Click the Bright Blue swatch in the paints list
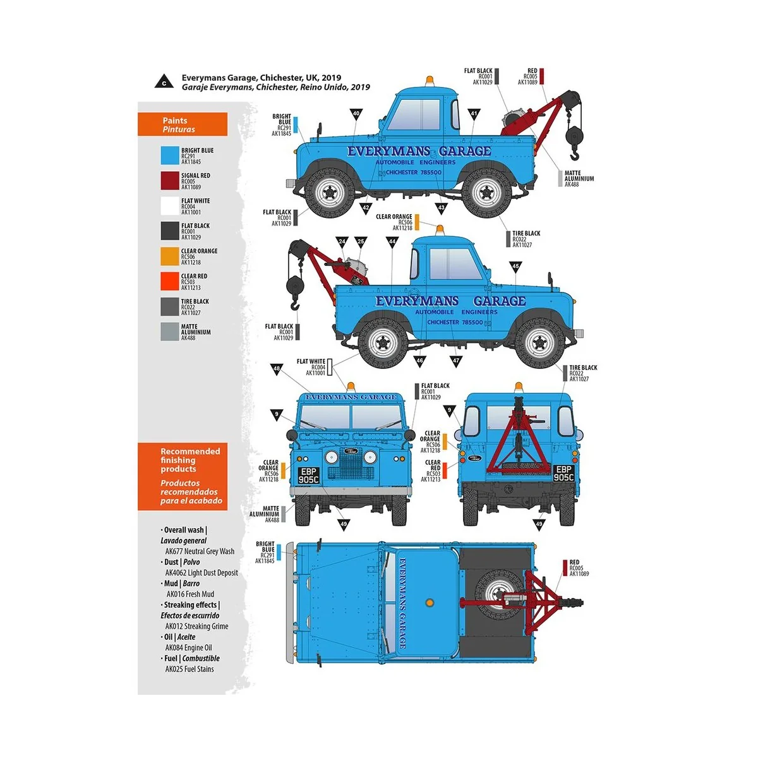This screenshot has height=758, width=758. pyautogui.click(x=170, y=155)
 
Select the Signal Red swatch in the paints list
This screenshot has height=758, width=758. pyautogui.click(x=170, y=181)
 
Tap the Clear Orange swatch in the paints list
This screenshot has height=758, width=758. pyautogui.click(x=170, y=256)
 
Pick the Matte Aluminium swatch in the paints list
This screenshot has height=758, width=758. pyautogui.click(x=170, y=332)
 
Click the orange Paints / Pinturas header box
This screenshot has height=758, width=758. pyautogui.click(x=183, y=124)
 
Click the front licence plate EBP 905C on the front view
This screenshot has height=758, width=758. pyautogui.click(x=309, y=476)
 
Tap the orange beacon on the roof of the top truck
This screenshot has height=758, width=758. pyautogui.click(x=431, y=82)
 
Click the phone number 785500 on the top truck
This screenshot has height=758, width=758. pyautogui.click(x=431, y=172)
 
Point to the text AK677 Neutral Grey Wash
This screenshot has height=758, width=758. pyautogui.click(x=200, y=551)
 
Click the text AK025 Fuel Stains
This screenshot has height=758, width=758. pyautogui.click(x=189, y=669)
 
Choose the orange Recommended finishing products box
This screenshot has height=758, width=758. pyautogui.click(x=183, y=476)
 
